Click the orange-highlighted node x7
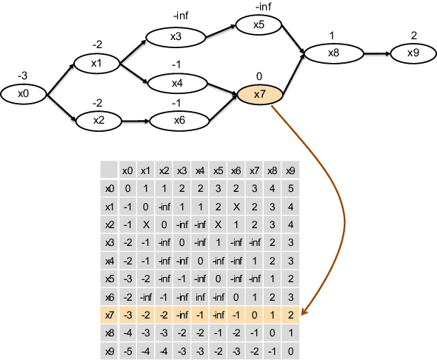(x=259, y=95)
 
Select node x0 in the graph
(x=24, y=94)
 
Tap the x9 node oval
(x=413, y=53)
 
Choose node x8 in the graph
(x=333, y=53)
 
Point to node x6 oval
(x=179, y=120)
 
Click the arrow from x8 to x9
(x=374, y=53)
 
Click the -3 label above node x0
(x=24, y=76)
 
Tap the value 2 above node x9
(x=413, y=36)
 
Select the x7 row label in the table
(x=110, y=315)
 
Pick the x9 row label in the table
(x=110, y=351)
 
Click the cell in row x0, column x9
(x=290, y=188)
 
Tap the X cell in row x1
(x=236, y=207)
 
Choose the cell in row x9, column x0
(x=128, y=351)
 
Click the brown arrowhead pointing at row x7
(x=305, y=313)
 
